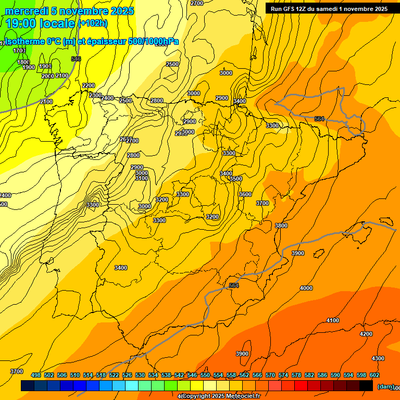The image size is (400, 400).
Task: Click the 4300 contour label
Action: point(378,358)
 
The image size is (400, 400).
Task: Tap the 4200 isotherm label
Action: point(366,334)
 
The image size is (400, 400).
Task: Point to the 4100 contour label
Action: point(332,320)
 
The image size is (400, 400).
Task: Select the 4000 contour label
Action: point(306,288)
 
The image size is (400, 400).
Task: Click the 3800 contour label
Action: point(281,226)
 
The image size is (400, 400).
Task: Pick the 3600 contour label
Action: point(245,194)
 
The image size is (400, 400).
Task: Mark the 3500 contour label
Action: point(236,179)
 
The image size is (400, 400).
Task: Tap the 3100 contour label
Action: point(142,178)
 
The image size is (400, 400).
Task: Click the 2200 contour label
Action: point(89,85)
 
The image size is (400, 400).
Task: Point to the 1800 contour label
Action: point(23,62)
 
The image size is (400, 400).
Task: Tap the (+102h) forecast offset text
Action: point(92,23)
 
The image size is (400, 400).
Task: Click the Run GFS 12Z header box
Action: point(329,8)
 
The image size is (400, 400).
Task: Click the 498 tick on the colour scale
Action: point(36,375)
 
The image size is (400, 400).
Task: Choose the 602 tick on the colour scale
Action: point(374,375)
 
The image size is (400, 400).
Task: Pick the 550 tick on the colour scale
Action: point(205,375)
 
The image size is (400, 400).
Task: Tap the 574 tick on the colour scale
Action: point(283,375)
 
